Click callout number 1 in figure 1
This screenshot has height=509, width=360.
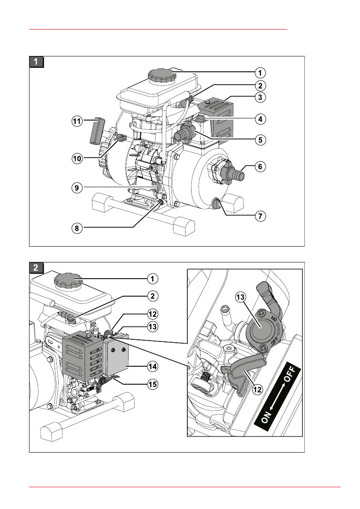tap(260, 73)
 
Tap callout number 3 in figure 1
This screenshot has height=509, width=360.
tap(260, 97)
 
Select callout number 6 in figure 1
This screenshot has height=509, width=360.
tap(260, 167)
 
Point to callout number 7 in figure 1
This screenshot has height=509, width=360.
tap(260, 216)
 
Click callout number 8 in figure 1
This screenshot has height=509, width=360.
tap(77, 228)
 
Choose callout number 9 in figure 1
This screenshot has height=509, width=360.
tap(77, 188)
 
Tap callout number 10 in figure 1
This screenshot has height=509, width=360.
tap(77, 159)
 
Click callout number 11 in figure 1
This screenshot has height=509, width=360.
tap(77, 121)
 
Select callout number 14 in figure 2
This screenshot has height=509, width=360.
tap(152, 367)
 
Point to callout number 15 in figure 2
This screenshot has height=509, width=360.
tap(152, 384)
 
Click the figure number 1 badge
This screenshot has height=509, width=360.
tap(36, 62)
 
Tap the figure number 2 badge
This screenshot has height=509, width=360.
tap(36, 268)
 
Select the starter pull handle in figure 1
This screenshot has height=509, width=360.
tap(97, 131)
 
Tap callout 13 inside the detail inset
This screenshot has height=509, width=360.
tap(241, 297)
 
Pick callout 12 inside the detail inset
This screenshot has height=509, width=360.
tap(257, 389)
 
